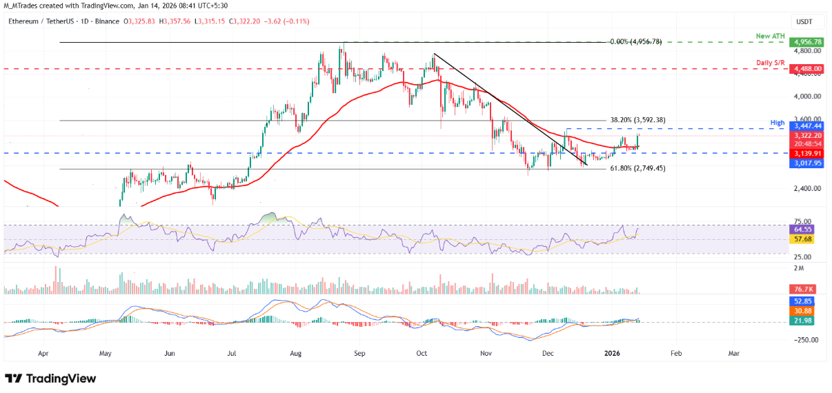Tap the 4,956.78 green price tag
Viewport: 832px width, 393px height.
tap(806, 42)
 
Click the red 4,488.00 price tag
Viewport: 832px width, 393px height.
tap(806, 69)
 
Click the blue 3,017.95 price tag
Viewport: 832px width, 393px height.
tap(806, 163)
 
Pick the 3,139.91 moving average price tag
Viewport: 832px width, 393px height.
tap(806, 154)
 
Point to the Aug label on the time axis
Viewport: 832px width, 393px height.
tap(296, 352)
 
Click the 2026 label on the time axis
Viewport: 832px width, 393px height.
tap(613, 352)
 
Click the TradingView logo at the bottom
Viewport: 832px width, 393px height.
tap(50, 379)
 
